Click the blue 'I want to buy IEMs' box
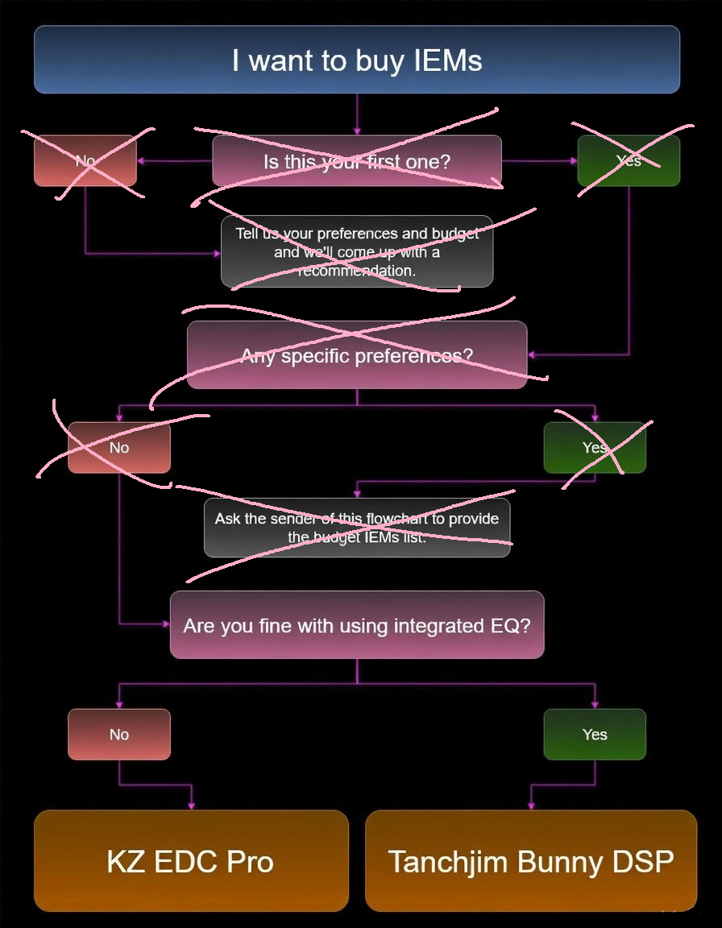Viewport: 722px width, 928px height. pyautogui.click(x=357, y=60)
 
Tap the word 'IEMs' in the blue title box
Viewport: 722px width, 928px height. pyautogui.click(x=443, y=60)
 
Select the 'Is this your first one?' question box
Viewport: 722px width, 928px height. pyautogui.click(x=357, y=161)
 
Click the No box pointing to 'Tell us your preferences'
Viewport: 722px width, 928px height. pyautogui.click(x=85, y=160)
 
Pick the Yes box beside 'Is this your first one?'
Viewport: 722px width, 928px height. pyautogui.click(x=629, y=160)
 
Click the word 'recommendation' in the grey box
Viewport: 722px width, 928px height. pyautogui.click(x=357, y=271)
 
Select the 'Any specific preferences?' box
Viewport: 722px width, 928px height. pyautogui.click(x=357, y=355)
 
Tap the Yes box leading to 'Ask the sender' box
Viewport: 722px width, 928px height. pyautogui.click(x=595, y=447)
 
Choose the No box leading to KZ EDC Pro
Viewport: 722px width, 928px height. pyautogui.click(x=119, y=734)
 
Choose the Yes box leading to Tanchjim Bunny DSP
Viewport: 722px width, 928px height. pyautogui.click(x=595, y=734)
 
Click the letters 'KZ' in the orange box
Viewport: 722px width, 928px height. pyautogui.click(x=126, y=862)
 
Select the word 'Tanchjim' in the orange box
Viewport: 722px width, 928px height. pyautogui.click(x=447, y=862)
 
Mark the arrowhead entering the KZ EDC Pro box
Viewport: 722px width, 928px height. pyautogui.click(x=191, y=805)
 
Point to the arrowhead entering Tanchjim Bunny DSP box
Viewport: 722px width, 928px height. pyautogui.click(x=530, y=805)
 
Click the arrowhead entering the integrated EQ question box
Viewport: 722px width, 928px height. pyautogui.click(x=165, y=623)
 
